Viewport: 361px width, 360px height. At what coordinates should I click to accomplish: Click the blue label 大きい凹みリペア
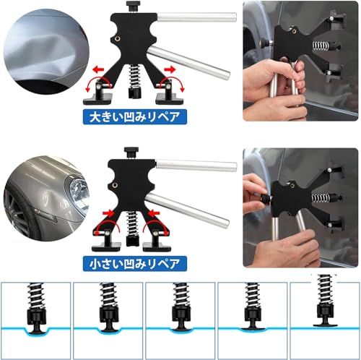coord(135,117)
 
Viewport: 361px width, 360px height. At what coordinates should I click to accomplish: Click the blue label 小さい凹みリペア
coord(135,264)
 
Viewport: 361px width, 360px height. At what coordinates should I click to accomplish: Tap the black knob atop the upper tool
coord(133,6)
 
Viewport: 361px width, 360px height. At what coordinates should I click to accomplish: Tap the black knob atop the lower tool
coord(131,153)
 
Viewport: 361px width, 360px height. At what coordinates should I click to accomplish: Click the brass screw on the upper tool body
coord(118,38)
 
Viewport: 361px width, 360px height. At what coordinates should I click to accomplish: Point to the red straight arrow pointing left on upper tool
coord(98,70)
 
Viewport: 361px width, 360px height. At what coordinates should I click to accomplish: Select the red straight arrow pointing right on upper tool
coord(170,69)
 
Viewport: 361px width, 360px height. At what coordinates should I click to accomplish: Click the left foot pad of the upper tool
coord(98,99)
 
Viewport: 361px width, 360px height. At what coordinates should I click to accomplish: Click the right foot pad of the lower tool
coord(157,247)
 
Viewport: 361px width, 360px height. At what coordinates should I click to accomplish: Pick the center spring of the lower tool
coord(132,223)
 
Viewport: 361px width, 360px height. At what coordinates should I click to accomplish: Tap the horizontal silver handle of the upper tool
coord(197,17)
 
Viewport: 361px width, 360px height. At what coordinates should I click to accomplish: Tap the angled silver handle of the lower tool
coord(187,210)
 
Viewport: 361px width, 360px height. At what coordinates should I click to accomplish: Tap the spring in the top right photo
coord(320,46)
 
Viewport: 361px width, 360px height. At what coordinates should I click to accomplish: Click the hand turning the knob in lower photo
coord(254,190)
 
